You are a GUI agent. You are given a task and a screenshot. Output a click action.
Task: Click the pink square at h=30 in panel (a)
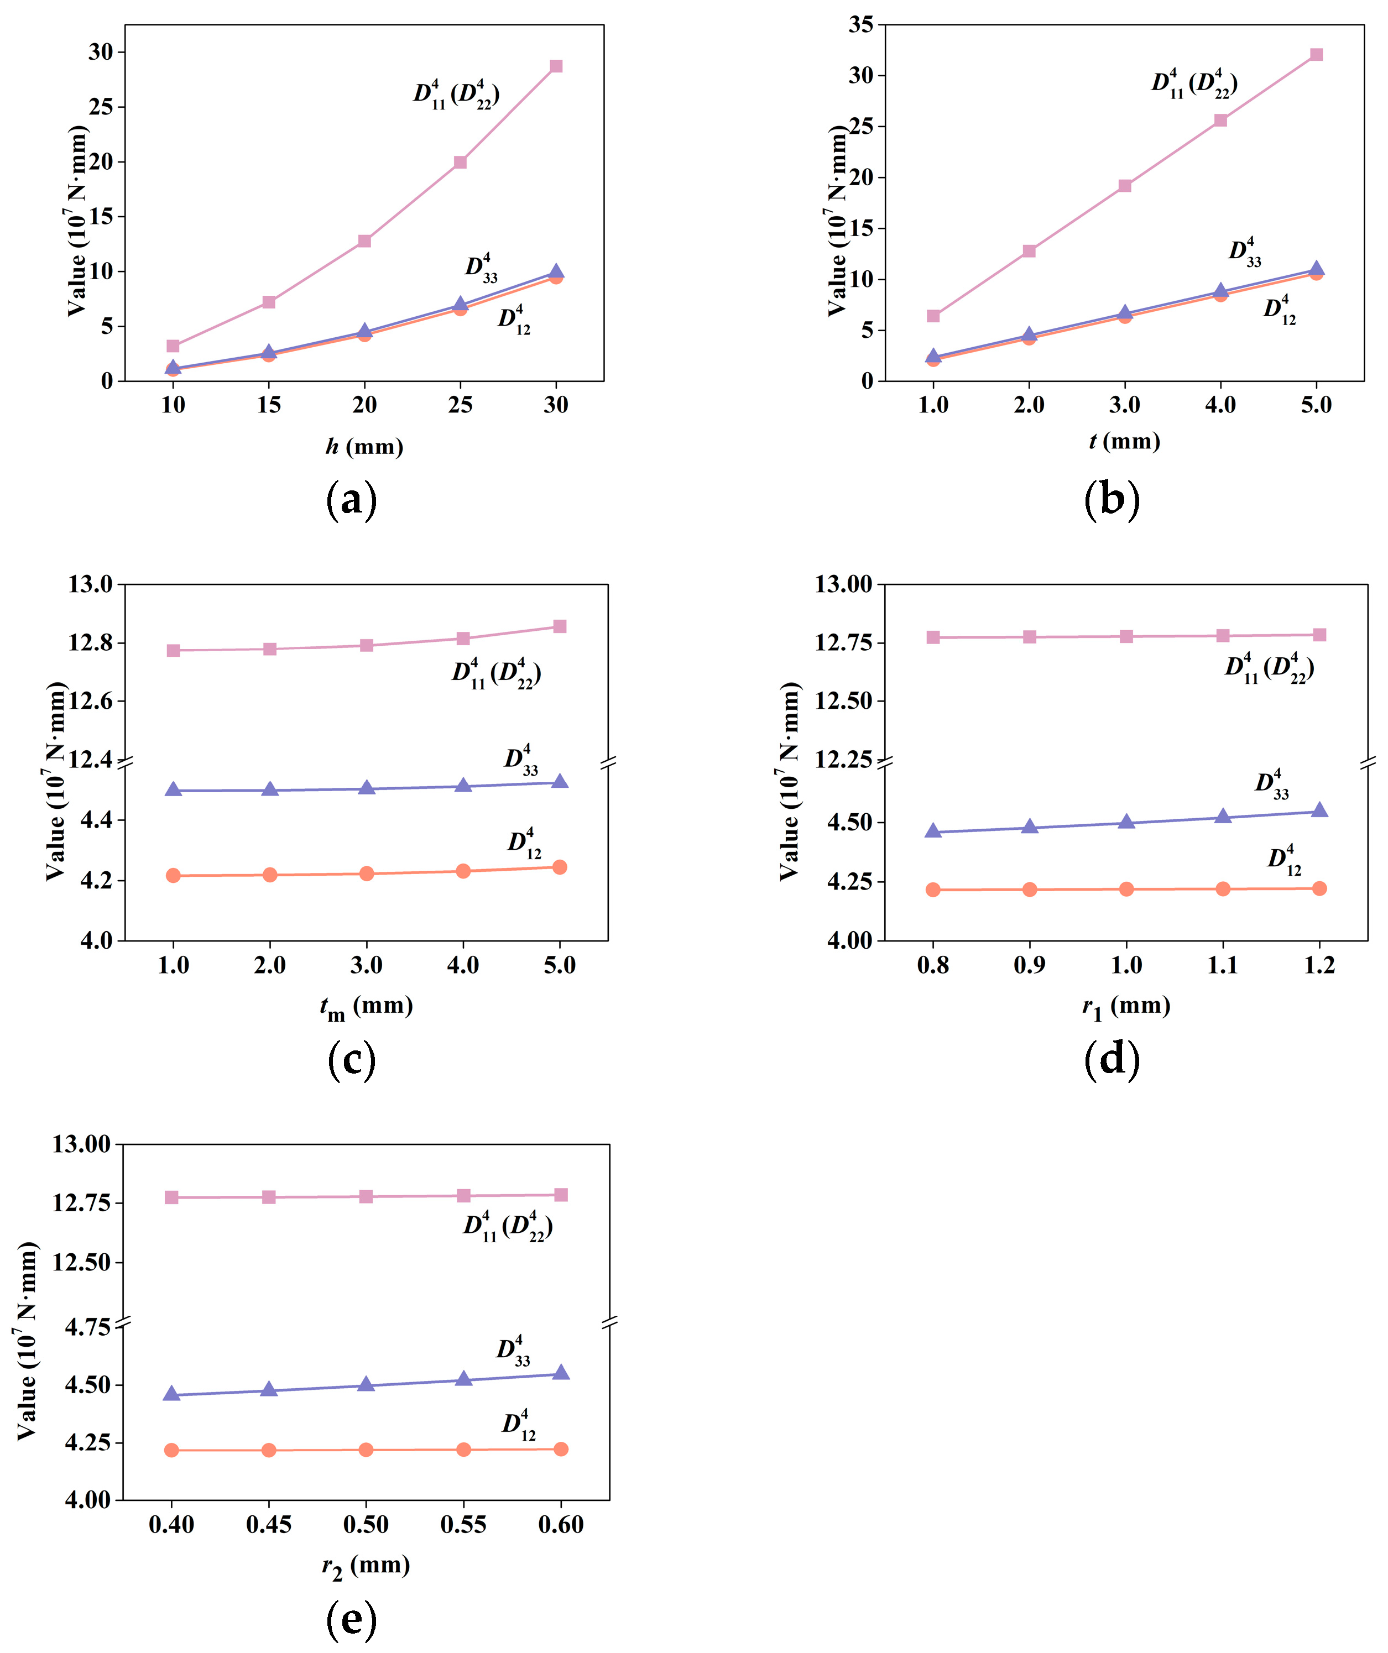click(556, 66)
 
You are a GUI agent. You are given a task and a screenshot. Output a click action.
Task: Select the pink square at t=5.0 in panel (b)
click(1316, 54)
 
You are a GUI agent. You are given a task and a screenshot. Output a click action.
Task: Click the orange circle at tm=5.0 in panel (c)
click(560, 867)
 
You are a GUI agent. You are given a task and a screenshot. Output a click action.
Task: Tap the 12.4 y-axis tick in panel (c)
click(91, 760)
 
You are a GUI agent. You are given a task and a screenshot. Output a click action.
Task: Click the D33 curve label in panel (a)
click(481, 268)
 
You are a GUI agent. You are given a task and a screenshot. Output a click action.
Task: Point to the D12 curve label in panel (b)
click(1280, 310)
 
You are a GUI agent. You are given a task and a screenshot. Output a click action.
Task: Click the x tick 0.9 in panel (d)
click(1029, 965)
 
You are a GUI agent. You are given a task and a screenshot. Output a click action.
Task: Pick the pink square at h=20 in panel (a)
click(364, 241)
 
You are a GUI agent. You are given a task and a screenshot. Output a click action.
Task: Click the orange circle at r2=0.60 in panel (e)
click(561, 1449)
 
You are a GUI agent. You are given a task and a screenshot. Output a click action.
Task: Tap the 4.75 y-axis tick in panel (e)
click(87, 1328)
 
